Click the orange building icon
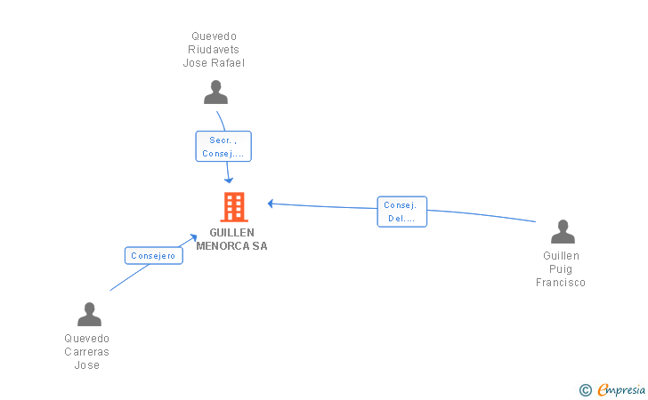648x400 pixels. [x=234, y=207]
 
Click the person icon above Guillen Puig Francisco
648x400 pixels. [x=563, y=232]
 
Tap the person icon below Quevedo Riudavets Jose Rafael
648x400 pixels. [x=215, y=92]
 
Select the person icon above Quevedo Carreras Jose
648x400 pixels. [x=89, y=314]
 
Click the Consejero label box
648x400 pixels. [x=154, y=256]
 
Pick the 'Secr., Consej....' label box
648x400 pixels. [x=223, y=147]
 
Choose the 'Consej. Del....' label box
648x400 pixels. [x=402, y=212]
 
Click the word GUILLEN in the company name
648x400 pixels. [x=231, y=233]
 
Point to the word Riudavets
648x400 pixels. [x=214, y=50]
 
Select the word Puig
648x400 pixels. [x=561, y=269]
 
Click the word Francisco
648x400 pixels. [x=561, y=283]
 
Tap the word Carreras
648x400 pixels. [x=87, y=352]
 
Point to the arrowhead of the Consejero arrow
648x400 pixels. [x=193, y=237]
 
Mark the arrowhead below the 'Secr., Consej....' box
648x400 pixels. [x=229, y=180]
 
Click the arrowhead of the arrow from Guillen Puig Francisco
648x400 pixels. [x=271, y=204]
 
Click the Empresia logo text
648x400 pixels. [x=621, y=389]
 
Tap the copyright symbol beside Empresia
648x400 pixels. [x=586, y=390]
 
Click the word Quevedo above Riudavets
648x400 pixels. [x=214, y=36]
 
